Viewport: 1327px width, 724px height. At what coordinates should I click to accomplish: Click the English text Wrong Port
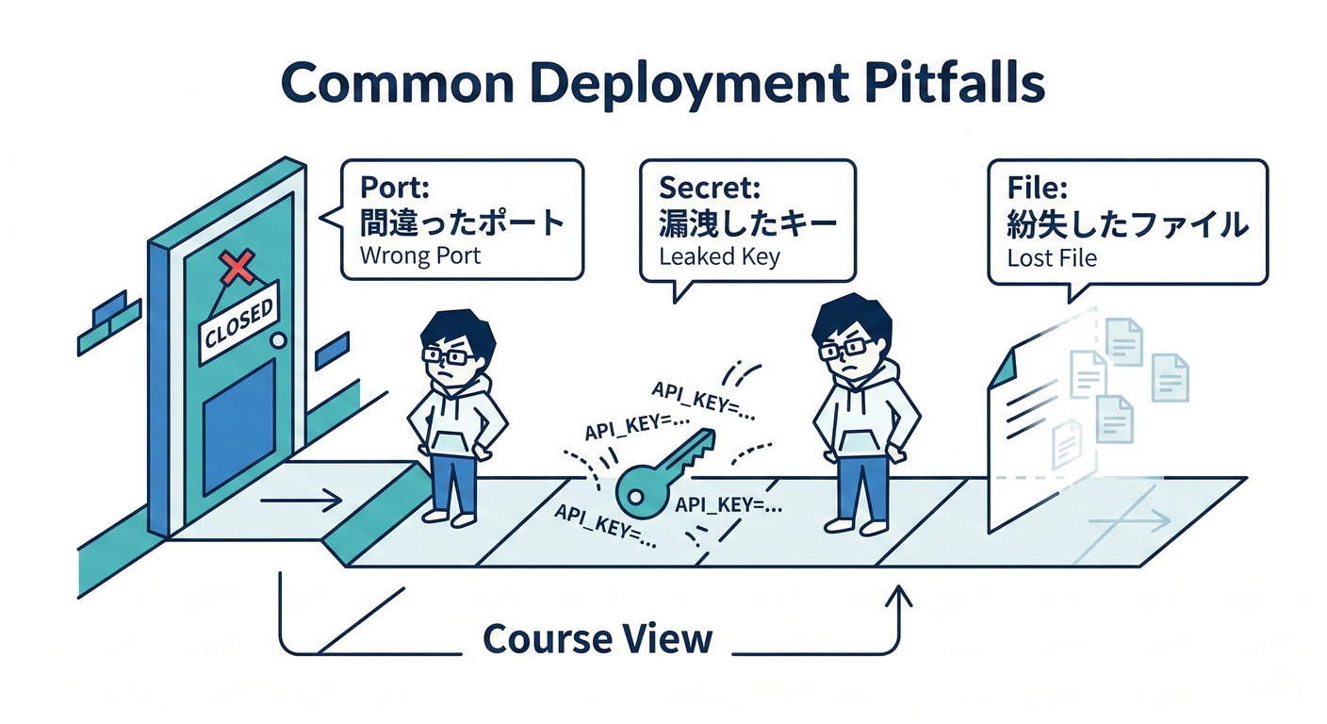[x=420, y=255]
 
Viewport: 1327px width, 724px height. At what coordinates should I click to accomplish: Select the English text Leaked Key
[x=719, y=255]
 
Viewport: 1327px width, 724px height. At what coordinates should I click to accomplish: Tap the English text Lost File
[x=1053, y=256]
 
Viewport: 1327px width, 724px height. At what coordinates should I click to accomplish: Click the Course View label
[x=598, y=639]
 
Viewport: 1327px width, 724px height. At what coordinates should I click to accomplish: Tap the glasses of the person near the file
[x=844, y=351]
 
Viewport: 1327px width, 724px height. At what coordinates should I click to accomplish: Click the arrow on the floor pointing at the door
[x=301, y=501]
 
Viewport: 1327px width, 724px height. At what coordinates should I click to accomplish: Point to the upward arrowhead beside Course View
[x=900, y=597]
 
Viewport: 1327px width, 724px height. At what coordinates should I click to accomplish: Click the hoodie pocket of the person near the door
[x=452, y=442]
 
